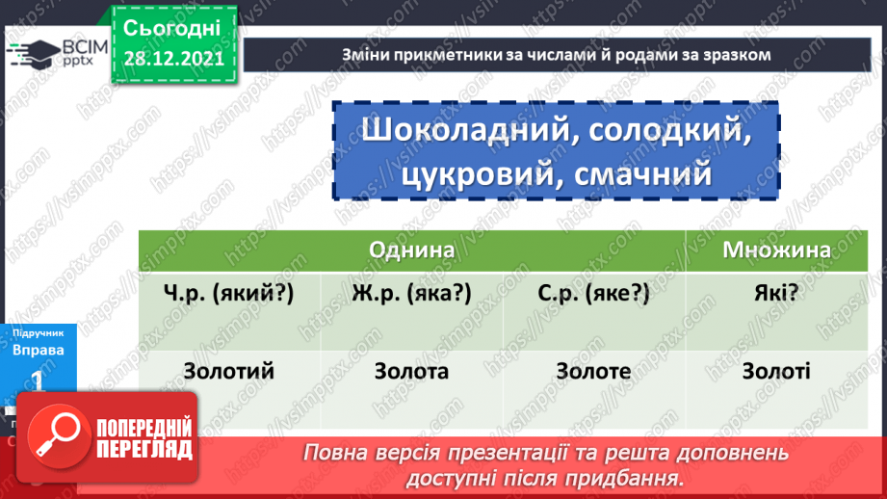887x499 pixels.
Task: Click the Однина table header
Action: [x=411, y=249]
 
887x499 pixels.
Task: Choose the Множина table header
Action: [x=776, y=249]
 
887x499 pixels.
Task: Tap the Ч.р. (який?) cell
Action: [x=227, y=293]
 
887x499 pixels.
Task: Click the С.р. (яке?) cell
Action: [x=594, y=293]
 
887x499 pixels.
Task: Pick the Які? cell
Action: [x=776, y=293]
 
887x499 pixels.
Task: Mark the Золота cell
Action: [x=411, y=371]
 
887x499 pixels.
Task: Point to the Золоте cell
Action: [x=594, y=371]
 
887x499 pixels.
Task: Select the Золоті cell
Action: [x=776, y=371]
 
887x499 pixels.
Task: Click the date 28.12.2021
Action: [x=173, y=59]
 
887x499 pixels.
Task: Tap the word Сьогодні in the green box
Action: [x=172, y=27]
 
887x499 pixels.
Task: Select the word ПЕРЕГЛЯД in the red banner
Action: [x=145, y=449]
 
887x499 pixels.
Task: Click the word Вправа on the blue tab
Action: [x=39, y=350]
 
